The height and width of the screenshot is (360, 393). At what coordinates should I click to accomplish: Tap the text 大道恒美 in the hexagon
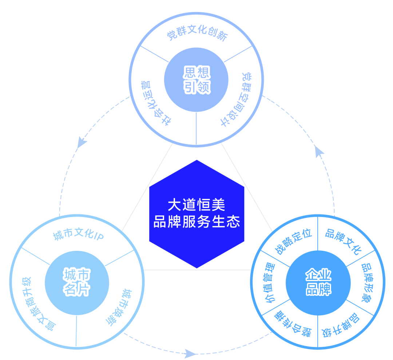coord(196,205)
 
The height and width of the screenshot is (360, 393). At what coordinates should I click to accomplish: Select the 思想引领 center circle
coord(196,80)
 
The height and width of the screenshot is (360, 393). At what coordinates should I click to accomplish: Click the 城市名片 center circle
coord(77,282)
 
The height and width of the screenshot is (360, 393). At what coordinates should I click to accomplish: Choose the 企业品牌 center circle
coord(318,282)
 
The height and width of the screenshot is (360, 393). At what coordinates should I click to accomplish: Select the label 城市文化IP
coord(79,236)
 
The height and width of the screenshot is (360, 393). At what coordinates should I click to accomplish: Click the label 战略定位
coord(293,243)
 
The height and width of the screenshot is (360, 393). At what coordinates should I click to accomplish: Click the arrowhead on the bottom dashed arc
coord(190,352)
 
